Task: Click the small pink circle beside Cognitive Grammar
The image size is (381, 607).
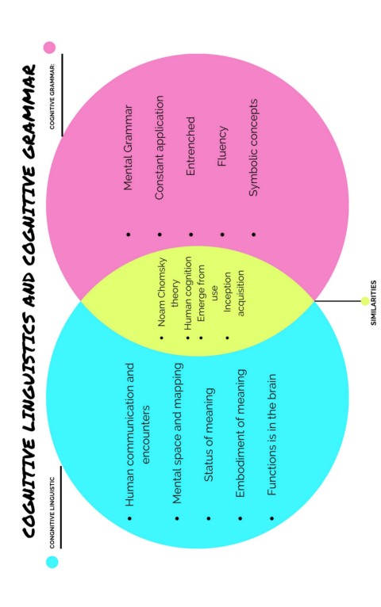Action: coord(50,48)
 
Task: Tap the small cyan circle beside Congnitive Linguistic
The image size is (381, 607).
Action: coord(52,562)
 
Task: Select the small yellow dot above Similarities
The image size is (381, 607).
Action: coord(364,301)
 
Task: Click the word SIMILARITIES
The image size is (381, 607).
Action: coord(373,303)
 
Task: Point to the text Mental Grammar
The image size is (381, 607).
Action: coord(128,147)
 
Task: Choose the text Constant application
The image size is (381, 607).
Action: coord(160,147)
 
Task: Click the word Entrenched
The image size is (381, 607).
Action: coord(190,147)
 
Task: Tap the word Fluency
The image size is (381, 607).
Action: coord(222,147)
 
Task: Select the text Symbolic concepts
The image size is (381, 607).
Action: coord(253,147)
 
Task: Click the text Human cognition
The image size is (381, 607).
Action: coord(188,293)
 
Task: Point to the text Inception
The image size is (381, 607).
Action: coord(227,292)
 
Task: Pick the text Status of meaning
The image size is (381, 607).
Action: coord(209,435)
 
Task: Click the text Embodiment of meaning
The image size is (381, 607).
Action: coord(241,433)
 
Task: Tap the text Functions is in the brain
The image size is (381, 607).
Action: coord(271,434)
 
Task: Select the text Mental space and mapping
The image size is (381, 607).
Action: coord(177,433)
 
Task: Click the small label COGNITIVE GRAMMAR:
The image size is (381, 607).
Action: coord(52,96)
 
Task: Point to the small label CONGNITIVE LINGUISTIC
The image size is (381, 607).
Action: coord(52,512)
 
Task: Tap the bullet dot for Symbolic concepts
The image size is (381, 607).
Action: coord(253,235)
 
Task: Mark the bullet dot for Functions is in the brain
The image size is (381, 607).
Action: coord(271,518)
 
